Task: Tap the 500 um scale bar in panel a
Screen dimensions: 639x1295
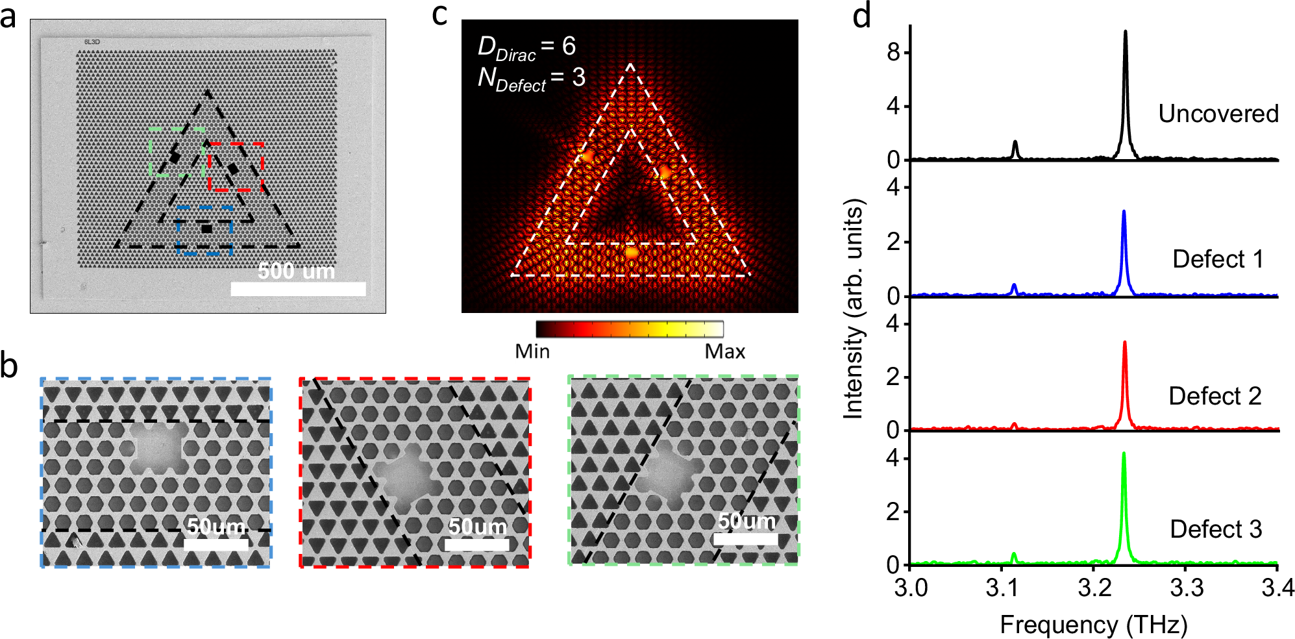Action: point(298,288)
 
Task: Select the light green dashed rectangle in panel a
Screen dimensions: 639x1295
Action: point(151,153)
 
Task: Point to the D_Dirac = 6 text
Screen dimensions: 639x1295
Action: point(526,47)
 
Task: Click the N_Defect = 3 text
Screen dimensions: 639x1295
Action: point(531,79)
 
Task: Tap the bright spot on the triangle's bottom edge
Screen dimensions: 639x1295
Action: point(631,252)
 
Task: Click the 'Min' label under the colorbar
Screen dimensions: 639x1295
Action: point(532,351)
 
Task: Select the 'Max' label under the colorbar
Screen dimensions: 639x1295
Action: point(724,351)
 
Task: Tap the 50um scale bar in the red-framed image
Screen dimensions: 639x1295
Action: point(477,544)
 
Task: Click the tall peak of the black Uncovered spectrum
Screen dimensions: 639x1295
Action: point(1125,32)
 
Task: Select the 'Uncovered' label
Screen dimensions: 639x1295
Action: point(1218,114)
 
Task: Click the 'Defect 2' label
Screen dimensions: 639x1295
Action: point(1215,395)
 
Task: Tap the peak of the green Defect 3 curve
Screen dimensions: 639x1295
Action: point(1124,455)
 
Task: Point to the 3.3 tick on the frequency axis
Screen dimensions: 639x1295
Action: point(1185,588)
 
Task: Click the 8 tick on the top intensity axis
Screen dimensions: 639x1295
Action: point(894,52)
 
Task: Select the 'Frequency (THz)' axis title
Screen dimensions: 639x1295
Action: point(1093,624)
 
